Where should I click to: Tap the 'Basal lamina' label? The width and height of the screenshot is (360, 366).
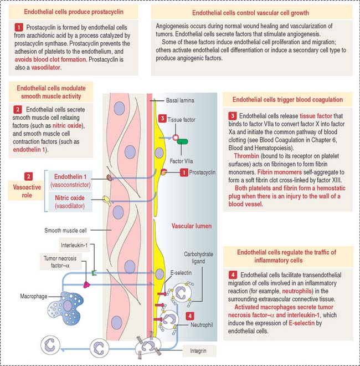pos(180,101)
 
